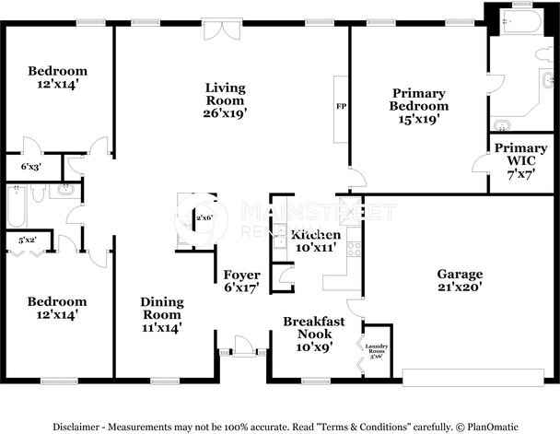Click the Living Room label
pyautogui.click(x=225, y=100)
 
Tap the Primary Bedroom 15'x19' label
pyautogui.click(x=419, y=105)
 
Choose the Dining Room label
pyautogui.click(x=161, y=313)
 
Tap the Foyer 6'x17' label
pyautogui.click(x=241, y=281)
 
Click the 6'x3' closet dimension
pyautogui.click(x=30, y=167)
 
